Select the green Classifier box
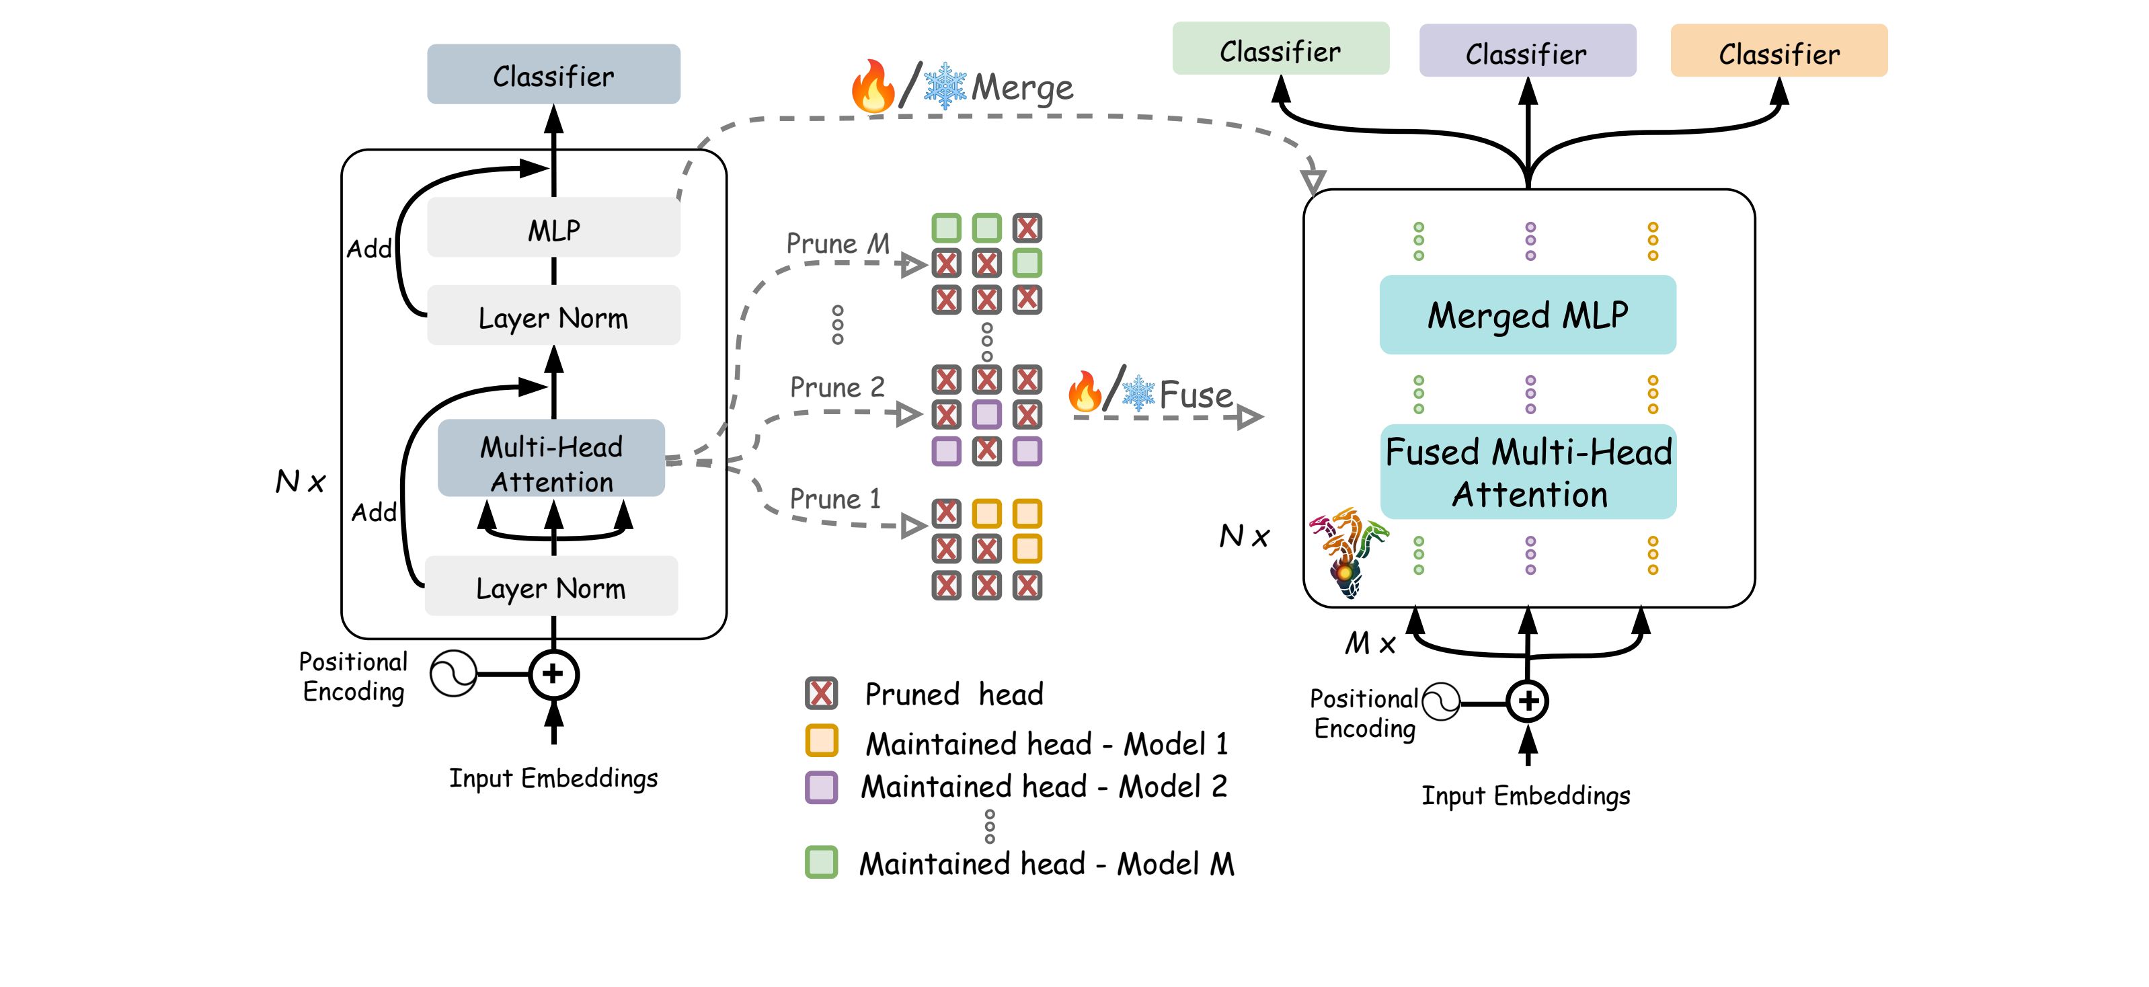(1280, 49)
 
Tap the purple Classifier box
(1526, 52)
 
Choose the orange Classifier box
(1778, 52)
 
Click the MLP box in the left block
(553, 228)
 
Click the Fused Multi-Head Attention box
(1528, 472)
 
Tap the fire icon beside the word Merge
(873, 86)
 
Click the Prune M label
(836, 243)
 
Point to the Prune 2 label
(836, 387)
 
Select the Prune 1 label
(835, 499)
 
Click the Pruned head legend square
(821, 693)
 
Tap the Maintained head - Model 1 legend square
(821, 741)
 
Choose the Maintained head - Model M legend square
(821, 862)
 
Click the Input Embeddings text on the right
(1525, 795)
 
